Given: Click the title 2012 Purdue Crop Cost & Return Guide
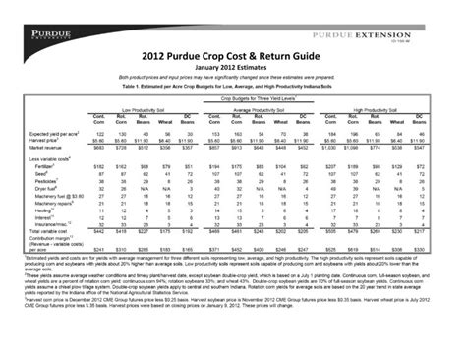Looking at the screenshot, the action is (232, 57).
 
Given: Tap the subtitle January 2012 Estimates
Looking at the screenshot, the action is (232, 69).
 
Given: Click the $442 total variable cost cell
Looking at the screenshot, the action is (98, 232).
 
